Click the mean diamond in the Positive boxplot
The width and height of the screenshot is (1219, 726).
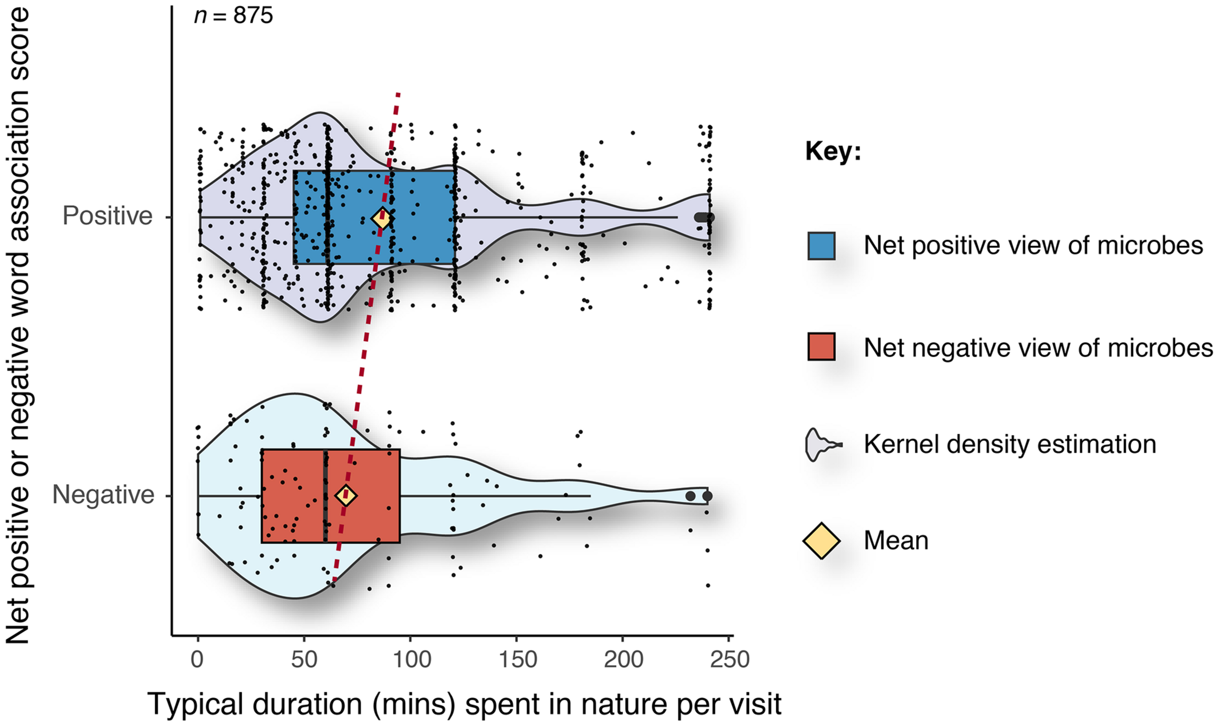pyautogui.click(x=382, y=218)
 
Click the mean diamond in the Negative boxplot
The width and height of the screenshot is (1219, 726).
pyautogui.click(x=346, y=496)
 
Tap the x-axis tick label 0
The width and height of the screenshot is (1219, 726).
pyautogui.click(x=197, y=659)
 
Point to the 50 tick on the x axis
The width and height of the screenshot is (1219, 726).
pyautogui.click(x=303, y=659)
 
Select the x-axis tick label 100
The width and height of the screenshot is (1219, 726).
pyautogui.click(x=410, y=659)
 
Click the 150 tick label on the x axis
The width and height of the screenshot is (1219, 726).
pyautogui.click(x=517, y=659)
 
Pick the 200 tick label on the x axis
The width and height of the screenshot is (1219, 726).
pyautogui.click(x=623, y=659)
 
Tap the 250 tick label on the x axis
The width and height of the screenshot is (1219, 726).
pyautogui.click(x=729, y=659)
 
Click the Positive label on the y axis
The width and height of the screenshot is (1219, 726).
pyautogui.click(x=108, y=216)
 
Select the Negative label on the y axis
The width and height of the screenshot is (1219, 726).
pyautogui.click(x=103, y=495)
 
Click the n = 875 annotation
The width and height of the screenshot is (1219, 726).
pyautogui.click(x=234, y=16)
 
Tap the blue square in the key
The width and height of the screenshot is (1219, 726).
pyautogui.click(x=821, y=246)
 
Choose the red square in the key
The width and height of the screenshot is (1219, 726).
pyautogui.click(x=821, y=347)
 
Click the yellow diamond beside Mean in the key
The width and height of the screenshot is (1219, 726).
pyautogui.click(x=821, y=540)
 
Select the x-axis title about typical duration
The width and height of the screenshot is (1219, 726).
pyautogui.click(x=464, y=705)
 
